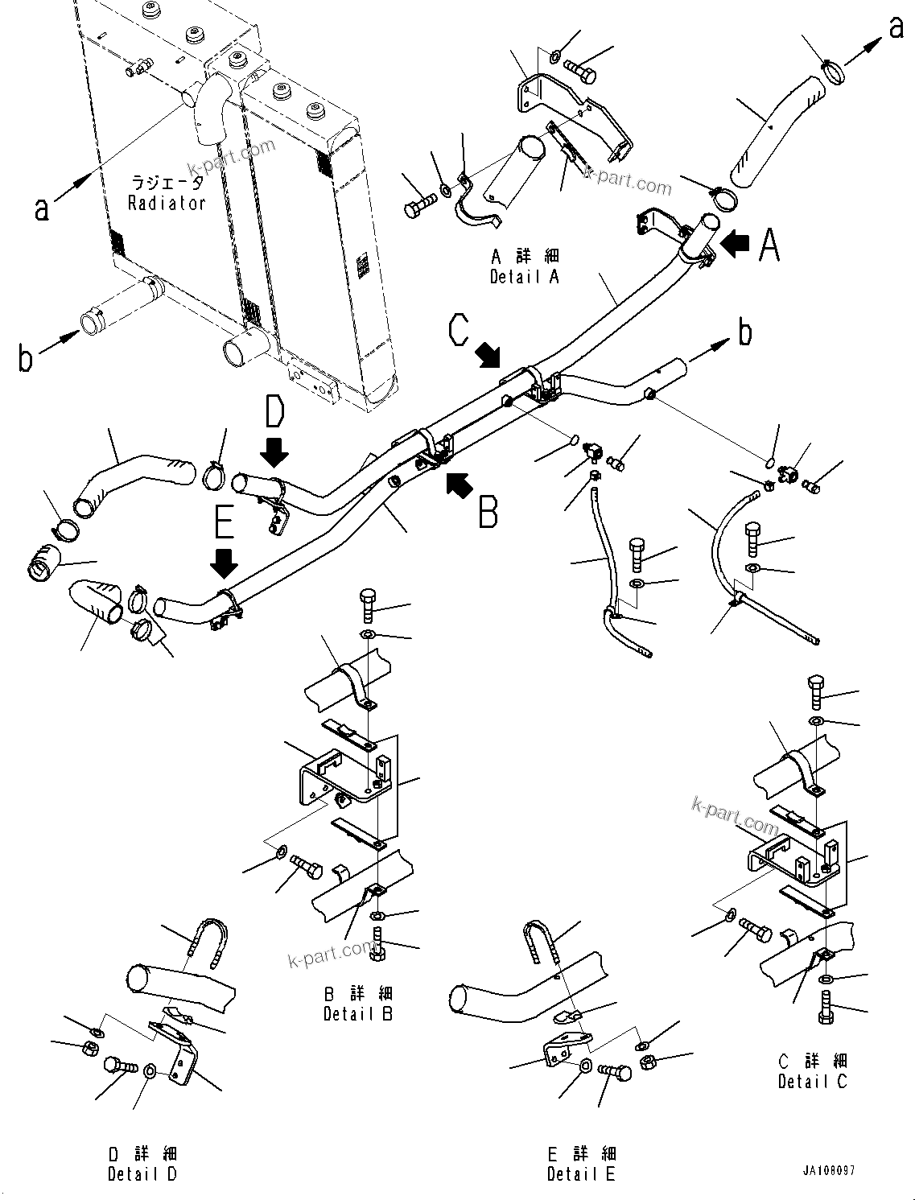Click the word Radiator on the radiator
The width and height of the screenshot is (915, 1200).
pyautogui.click(x=167, y=204)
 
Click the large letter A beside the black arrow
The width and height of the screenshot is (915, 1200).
pyautogui.click(x=769, y=245)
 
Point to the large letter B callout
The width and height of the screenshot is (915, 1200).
pyautogui.click(x=488, y=512)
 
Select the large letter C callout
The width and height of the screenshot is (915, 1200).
pyautogui.click(x=459, y=330)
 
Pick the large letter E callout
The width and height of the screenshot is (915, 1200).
pyautogui.click(x=225, y=521)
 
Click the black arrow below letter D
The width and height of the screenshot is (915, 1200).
pyautogui.click(x=274, y=452)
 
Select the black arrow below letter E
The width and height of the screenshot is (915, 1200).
pyautogui.click(x=225, y=563)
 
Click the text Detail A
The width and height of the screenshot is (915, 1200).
pyautogui.click(x=524, y=277)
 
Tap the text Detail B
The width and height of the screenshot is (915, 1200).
pyautogui.click(x=358, y=1014)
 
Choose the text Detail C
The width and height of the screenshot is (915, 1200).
pyautogui.click(x=812, y=1082)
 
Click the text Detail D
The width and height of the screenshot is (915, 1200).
pyautogui.click(x=142, y=1174)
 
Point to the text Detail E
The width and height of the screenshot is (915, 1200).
pyautogui.click(x=581, y=1174)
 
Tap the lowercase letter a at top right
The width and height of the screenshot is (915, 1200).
pyautogui.click(x=896, y=28)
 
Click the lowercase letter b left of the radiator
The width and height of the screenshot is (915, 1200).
pyautogui.click(x=26, y=359)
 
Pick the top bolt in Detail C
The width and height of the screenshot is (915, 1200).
pyautogui.click(x=815, y=690)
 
